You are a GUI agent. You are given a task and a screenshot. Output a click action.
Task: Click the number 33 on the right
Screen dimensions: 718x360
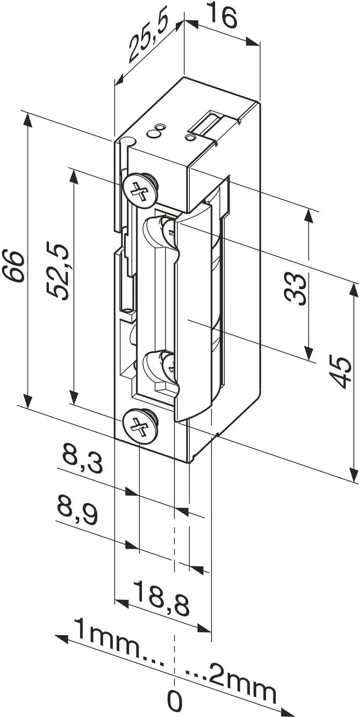point(296,289)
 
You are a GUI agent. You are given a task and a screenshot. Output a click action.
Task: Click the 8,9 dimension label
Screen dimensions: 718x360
point(77,509)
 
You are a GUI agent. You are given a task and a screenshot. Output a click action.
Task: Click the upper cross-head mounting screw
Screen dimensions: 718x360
point(141,188)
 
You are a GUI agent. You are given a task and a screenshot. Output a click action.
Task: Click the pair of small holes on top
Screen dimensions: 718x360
point(156,131)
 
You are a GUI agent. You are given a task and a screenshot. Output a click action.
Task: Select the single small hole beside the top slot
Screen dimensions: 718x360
point(190,139)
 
